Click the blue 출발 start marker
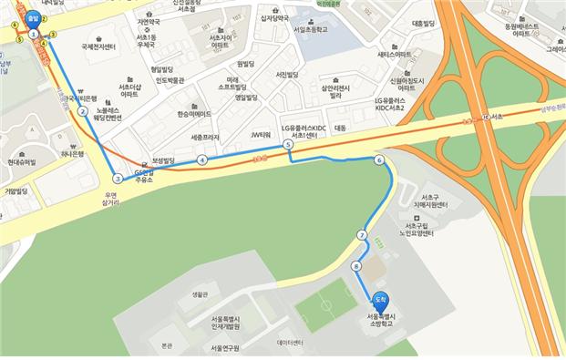pyautogui.click(x=33, y=15)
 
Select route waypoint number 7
pyautogui.click(x=362, y=236)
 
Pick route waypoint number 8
pyautogui.click(x=355, y=265)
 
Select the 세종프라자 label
pyautogui.click(x=205, y=137)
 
